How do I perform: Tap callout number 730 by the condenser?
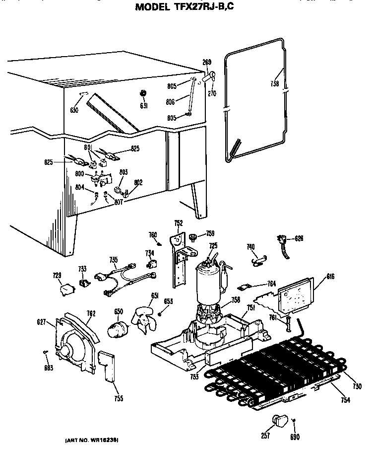click(357, 386)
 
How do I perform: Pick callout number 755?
click(118, 398)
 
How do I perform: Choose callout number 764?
click(271, 284)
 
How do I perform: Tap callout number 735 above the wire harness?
click(114, 259)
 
